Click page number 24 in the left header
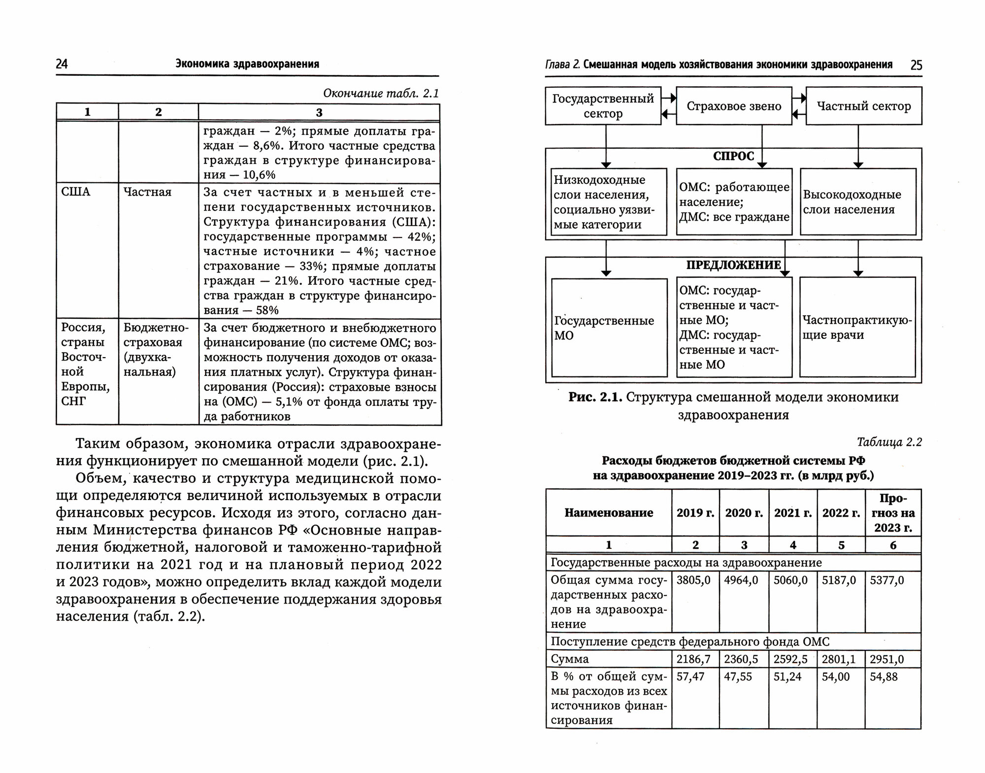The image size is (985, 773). coord(62,64)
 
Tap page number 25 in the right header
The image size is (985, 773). coord(916,65)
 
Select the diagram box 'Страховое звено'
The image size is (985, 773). coord(734,106)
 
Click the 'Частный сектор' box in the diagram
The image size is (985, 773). coord(864,106)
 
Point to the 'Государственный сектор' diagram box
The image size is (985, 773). coord(603,106)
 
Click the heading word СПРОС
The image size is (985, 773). coord(733,156)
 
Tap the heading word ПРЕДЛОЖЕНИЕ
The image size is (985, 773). coord(733,265)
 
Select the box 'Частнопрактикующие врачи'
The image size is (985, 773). coord(857,328)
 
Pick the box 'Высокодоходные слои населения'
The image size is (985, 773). coord(857,202)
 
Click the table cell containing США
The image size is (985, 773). coord(76,192)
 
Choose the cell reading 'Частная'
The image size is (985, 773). coord(147,192)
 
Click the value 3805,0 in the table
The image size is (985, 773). coord(693,580)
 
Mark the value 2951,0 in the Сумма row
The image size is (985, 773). coord(887,659)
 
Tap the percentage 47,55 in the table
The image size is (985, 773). coord(738,677)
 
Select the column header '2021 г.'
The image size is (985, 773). coord(793,513)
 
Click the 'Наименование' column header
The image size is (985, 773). coord(609,513)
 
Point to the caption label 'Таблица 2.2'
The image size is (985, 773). coord(889,442)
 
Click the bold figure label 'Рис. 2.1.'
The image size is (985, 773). coord(595,397)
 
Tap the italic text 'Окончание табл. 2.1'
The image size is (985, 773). coord(381,94)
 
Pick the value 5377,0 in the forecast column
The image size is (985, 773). coord(887,580)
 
